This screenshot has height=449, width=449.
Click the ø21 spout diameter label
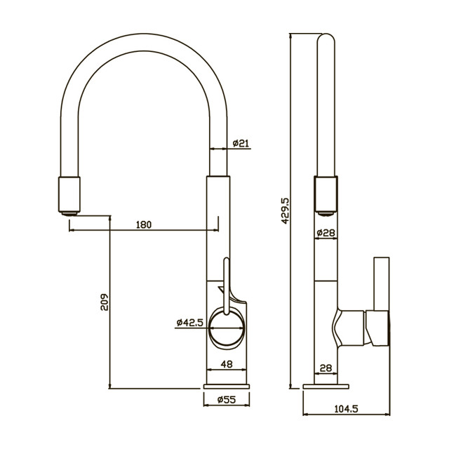tap(241, 143)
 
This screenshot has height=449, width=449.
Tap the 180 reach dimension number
tap(143, 224)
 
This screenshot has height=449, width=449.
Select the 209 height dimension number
tap(105, 302)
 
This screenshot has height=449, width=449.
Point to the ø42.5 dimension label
tap(190, 323)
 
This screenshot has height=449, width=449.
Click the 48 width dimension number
tap(227, 364)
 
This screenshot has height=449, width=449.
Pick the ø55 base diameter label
tap(227, 399)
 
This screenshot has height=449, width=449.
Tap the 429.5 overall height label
tap(286, 210)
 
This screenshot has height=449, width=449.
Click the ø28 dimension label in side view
tap(326, 233)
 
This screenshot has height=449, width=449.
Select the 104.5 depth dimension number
tap(346, 408)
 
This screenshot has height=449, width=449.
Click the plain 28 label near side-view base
tap(326, 368)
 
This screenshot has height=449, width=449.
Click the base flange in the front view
tap(227, 387)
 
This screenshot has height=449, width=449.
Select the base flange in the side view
tap(326, 387)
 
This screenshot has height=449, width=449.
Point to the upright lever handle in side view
tap(382, 283)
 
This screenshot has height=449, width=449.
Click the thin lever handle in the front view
tap(227, 286)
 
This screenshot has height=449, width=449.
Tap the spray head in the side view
tap(326, 196)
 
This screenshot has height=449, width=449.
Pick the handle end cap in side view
tap(377, 328)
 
